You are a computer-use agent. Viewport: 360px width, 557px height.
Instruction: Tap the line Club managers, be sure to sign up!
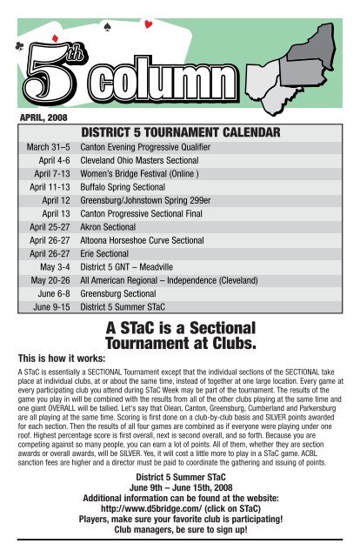click(180, 550)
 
